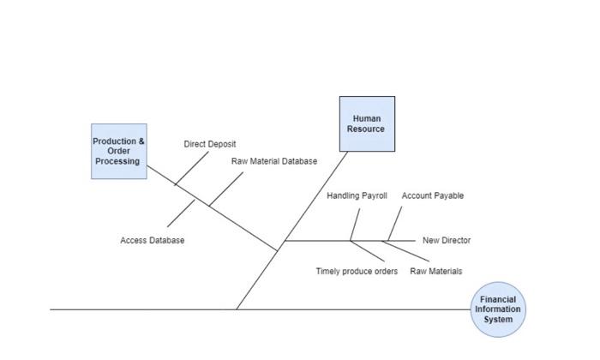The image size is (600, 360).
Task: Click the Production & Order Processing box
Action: pyautogui.click(x=118, y=151)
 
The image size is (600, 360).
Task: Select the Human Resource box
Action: pyautogui.click(x=367, y=123)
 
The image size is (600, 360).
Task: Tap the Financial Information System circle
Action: pyautogui.click(x=497, y=309)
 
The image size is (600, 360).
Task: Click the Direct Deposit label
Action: pyautogui.click(x=209, y=144)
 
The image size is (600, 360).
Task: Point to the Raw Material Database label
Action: pyautogui.click(x=273, y=161)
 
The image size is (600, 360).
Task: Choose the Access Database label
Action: pyautogui.click(x=152, y=241)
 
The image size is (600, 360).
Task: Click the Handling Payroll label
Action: pyautogui.click(x=357, y=195)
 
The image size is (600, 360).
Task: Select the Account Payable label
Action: pyautogui.click(x=432, y=195)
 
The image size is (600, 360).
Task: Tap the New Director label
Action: pyautogui.click(x=446, y=241)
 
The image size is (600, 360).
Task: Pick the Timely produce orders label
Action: pyautogui.click(x=357, y=272)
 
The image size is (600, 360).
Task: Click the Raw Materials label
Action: pyautogui.click(x=435, y=272)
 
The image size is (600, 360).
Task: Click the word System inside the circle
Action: pyautogui.click(x=497, y=320)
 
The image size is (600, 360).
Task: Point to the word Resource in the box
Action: pyautogui.click(x=367, y=129)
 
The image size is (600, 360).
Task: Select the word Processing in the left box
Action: pyautogui.click(x=118, y=161)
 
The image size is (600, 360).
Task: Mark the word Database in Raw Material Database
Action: pyautogui.click(x=297, y=161)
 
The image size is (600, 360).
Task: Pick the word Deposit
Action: pyautogui.click(x=221, y=144)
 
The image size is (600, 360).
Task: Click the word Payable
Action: pyautogui.click(x=448, y=195)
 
